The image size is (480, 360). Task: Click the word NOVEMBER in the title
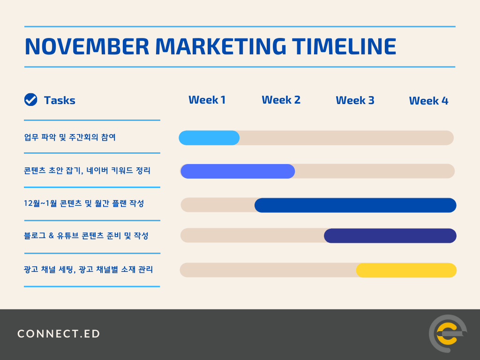[x=87, y=46]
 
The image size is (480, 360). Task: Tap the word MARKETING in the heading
[x=221, y=46]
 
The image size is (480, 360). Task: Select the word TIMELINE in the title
[x=344, y=46]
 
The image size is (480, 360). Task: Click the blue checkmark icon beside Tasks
[x=30, y=100]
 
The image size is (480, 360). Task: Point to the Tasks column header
[x=60, y=100]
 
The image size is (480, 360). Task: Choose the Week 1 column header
[x=207, y=100]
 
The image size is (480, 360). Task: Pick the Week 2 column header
[x=281, y=100]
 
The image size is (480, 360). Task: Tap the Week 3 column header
[x=355, y=100]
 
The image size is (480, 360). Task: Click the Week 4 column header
[x=428, y=101]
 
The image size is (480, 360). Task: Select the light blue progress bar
[x=209, y=138]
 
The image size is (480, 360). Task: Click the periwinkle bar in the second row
[x=238, y=171]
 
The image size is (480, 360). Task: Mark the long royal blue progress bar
[x=355, y=205]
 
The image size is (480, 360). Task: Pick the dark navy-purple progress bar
[x=390, y=236]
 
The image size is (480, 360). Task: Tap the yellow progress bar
[x=406, y=270]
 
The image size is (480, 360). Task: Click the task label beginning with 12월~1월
[x=84, y=203]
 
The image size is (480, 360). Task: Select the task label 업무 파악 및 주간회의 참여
[x=70, y=137]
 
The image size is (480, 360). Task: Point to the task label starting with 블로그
[x=86, y=236]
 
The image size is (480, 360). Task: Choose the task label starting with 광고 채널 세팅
[x=88, y=270]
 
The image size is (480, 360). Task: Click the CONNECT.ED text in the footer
[x=59, y=334]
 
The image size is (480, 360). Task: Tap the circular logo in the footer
[x=448, y=334]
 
